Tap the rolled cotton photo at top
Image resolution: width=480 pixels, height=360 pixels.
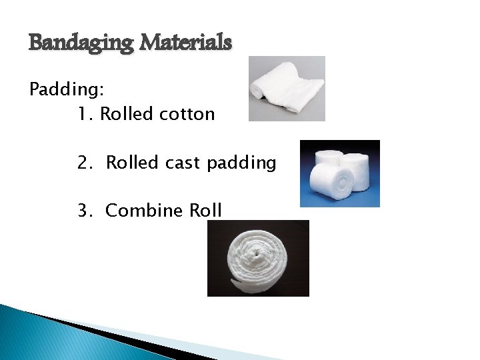coord(287,89)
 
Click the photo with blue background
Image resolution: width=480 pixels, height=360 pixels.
coord(339,173)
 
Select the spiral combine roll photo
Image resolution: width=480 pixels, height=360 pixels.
coord(258,258)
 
